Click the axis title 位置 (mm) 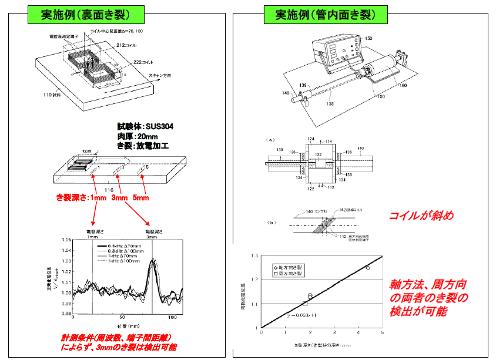coord(123,326)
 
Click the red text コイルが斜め coord(421,216)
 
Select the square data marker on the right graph coord(305,303)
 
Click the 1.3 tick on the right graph coord(254,256)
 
